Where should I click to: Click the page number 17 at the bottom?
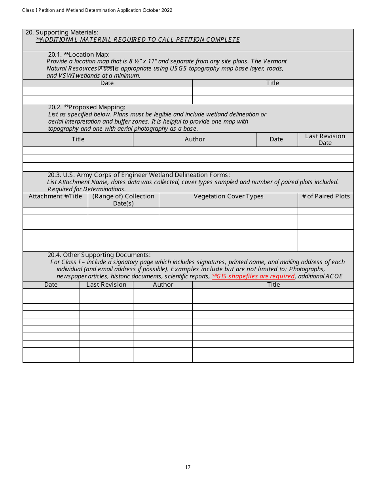[x=188, y=467]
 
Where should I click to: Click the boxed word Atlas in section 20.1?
[x=106, y=68]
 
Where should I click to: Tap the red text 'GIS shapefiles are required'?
[x=253, y=276]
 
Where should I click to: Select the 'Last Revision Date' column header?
[x=325, y=139]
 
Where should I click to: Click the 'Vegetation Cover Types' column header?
[x=228, y=196]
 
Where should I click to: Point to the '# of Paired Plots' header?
[x=326, y=196]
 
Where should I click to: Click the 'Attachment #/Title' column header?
[x=55, y=196]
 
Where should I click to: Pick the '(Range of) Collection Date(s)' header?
[x=123, y=200]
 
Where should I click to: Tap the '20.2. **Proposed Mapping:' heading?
[x=87, y=107]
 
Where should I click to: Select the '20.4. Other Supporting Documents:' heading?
[x=99, y=255]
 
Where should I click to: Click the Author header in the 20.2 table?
[x=195, y=139]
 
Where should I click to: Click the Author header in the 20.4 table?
[x=163, y=285]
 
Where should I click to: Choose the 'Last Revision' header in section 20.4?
[x=106, y=285]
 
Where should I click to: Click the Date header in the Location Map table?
[x=107, y=83]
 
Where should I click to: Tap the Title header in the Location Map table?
[x=273, y=83]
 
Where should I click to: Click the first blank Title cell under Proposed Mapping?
[x=78, y=150]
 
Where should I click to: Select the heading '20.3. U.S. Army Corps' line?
[x=139, y=175]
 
